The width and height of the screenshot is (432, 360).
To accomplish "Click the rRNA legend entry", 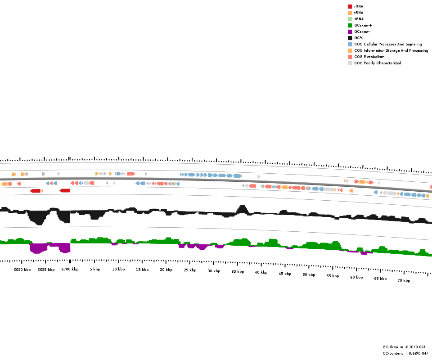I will pos(359,6).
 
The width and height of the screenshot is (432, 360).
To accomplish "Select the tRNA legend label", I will pos(359,13).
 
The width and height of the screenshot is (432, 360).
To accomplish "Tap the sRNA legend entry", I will pos(359,19).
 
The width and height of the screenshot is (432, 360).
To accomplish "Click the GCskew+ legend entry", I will pos(363,25).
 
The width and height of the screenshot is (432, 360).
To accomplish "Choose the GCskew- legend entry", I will pos(362,31).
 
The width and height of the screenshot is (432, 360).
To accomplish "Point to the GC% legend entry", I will pos(359,38).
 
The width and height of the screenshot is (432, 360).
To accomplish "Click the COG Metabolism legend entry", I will pos(369,57).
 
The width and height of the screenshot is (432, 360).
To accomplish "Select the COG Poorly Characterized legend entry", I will pos(377,63).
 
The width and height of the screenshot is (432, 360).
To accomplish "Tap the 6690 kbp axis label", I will pos(22,270).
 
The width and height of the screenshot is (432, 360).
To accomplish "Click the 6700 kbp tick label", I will pos(70,270).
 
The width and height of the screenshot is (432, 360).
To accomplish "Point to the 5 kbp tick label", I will pos(94,269).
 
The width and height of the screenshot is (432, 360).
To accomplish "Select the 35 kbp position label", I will pos(238,271).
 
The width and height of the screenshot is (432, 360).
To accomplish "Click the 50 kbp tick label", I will pos(309,274).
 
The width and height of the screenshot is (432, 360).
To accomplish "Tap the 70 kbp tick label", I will pos(404,280).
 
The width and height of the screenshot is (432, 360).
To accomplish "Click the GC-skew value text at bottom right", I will pos(404,347).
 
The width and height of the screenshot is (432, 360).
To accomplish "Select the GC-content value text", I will pos(405,353).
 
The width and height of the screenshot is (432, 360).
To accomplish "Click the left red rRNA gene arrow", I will pos(35,191).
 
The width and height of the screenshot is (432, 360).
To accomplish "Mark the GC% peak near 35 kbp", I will pos(243,208).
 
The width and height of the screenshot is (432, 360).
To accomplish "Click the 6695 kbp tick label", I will pos(46,270).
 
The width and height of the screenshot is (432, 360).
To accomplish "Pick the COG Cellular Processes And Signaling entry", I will pos(388,44).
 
